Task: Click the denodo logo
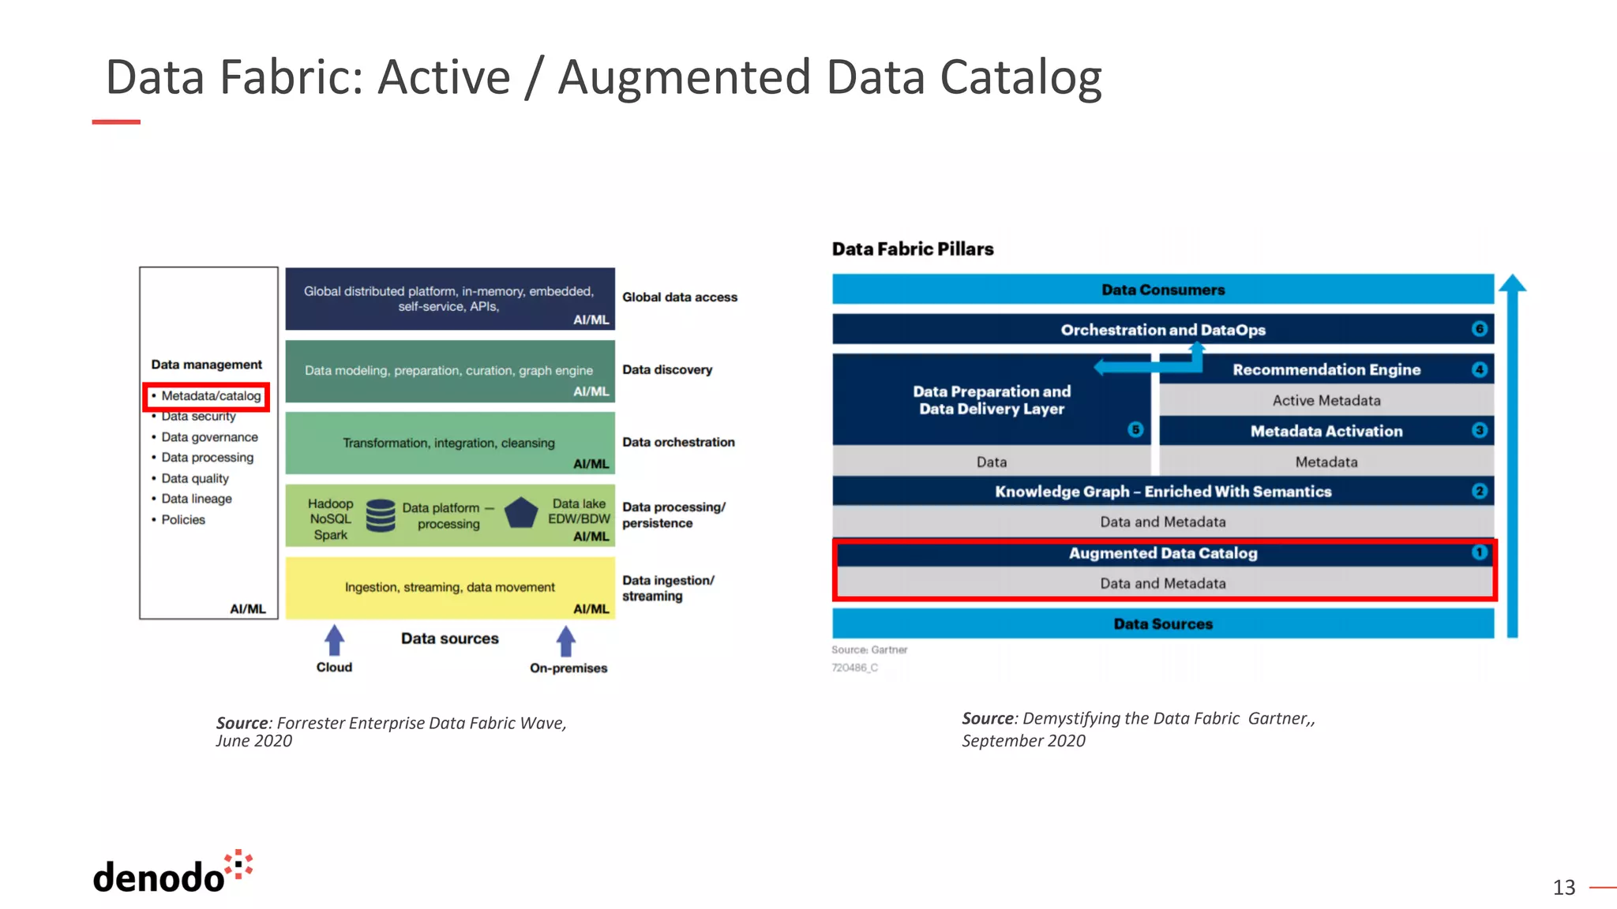point(172,873)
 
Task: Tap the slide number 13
point(1563,888)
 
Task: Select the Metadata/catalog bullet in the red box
point(210,396)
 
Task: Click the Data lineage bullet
point(196,499)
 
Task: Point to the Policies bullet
point(182,519)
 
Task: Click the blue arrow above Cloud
point(335,639)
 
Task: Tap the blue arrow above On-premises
point(565,640)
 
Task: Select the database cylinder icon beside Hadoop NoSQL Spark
point(381,515)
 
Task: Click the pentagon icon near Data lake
point(521,513)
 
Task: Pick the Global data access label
point(679,297)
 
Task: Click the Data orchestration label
point(677,442)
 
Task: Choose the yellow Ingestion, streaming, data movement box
point(449,587)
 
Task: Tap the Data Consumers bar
point(1162,290)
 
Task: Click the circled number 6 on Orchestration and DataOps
point(1480,329)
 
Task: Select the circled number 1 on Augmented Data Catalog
point(1479,552)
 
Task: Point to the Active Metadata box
point(1326,400)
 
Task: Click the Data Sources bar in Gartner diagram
point(1162,623)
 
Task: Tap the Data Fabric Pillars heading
point(912,249)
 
